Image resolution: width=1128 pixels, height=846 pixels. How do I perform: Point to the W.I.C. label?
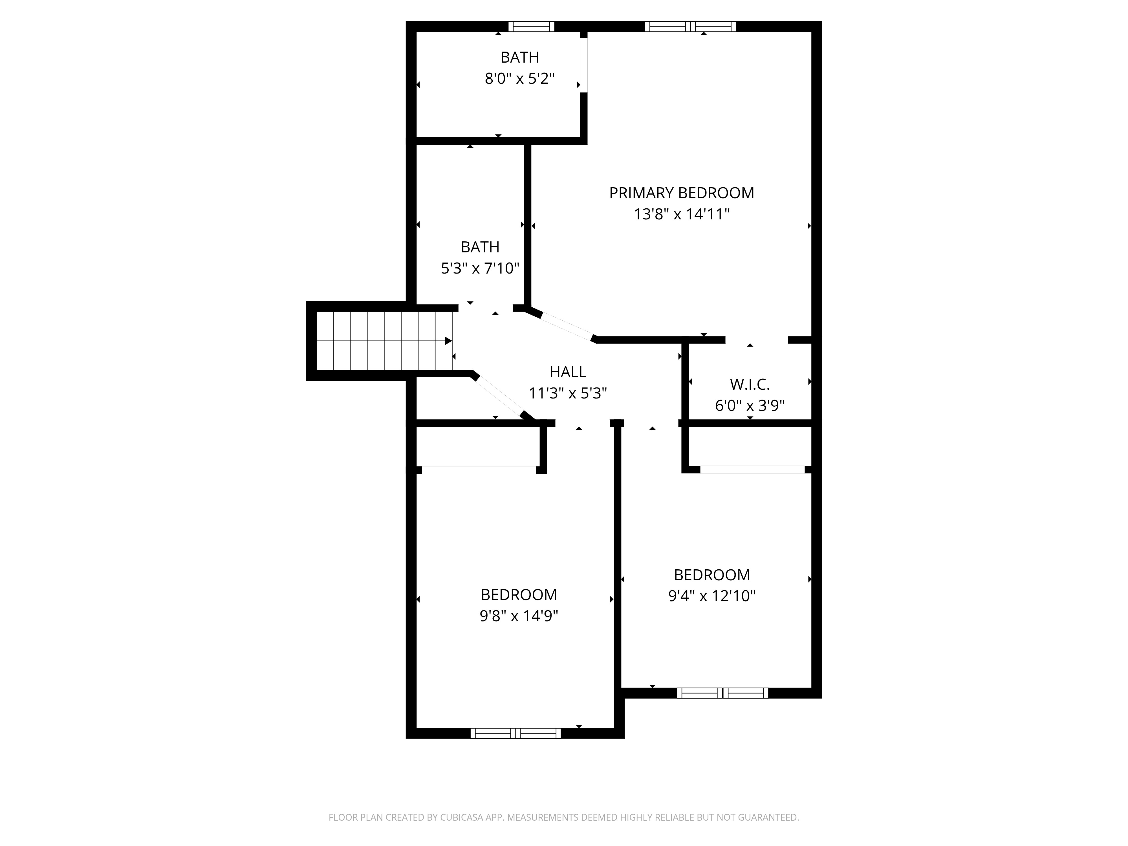[x=750, y=384]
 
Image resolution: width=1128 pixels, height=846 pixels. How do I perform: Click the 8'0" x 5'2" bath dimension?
[x=520, y=78]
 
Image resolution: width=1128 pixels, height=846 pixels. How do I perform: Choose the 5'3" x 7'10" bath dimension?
[x=480, y=268]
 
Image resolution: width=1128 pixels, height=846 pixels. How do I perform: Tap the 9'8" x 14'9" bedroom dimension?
[x=519, y=616]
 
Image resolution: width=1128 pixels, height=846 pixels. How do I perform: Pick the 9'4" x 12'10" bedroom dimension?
[x=712, y=596]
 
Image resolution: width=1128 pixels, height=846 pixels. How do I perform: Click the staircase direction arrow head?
[x=448, y=341]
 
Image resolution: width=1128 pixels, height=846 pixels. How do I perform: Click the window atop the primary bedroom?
[x=690, y=27]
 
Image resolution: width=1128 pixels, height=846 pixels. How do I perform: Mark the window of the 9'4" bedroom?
[x=722, y=693]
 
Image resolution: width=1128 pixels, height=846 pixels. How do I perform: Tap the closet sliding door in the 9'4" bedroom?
[x=752, y=470]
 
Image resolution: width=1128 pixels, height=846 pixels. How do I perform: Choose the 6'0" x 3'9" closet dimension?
[x=750, y=406]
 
